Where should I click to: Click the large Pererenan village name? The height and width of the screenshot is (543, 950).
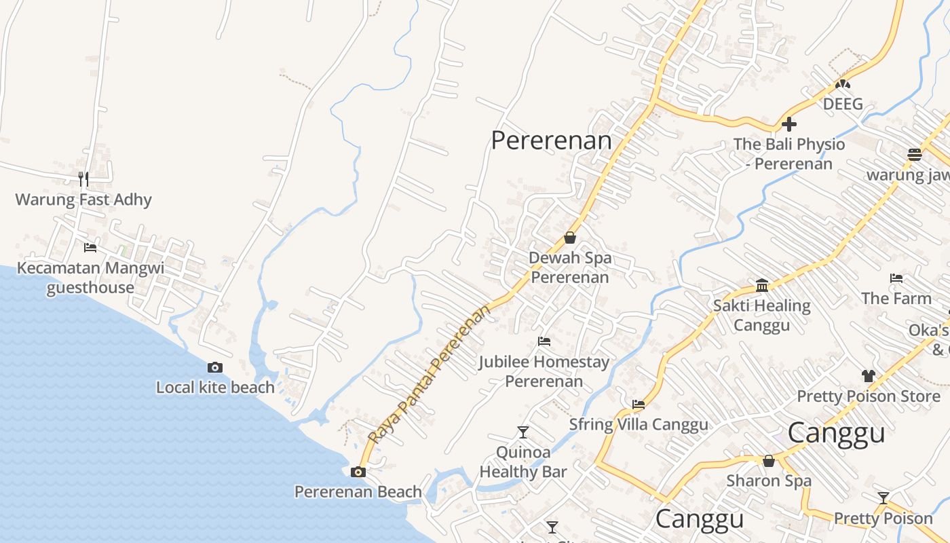tap(551, 141)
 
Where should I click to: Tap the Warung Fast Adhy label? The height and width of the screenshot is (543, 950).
tap(83, 200)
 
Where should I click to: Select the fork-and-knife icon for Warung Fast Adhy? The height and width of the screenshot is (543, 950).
tap(83, 179)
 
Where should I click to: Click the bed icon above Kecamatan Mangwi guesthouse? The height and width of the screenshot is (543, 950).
tap(90, 247)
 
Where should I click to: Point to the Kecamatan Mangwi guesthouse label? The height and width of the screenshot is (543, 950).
tap(90, 278)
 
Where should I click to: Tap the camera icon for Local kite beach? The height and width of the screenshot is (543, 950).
tap(215, 367)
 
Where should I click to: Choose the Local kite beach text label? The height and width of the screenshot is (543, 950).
tap(215, 388)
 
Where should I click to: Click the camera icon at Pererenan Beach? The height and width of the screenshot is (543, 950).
tap(358, 472)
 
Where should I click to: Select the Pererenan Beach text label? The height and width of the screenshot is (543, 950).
tap(358, 491)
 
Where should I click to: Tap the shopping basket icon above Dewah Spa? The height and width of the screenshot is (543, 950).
tap(570, 238)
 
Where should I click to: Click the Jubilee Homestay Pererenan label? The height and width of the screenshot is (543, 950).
tap(544, 371)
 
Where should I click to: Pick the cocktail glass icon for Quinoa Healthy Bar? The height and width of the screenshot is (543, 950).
tap(522, 432)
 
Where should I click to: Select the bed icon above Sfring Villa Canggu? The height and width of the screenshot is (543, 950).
tap(639, 404)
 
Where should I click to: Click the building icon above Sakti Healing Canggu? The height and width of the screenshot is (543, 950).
tap(762, 285)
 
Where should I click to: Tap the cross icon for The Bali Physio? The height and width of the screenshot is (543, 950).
tap(788, 124)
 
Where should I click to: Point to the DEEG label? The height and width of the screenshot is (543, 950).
tap(843, 104)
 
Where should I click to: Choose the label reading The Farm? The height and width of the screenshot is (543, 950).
tap(896, 298)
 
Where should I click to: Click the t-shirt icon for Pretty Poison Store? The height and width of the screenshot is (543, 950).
tap(869, 375)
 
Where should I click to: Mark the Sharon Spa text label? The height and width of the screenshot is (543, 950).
tap(769, 481)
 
